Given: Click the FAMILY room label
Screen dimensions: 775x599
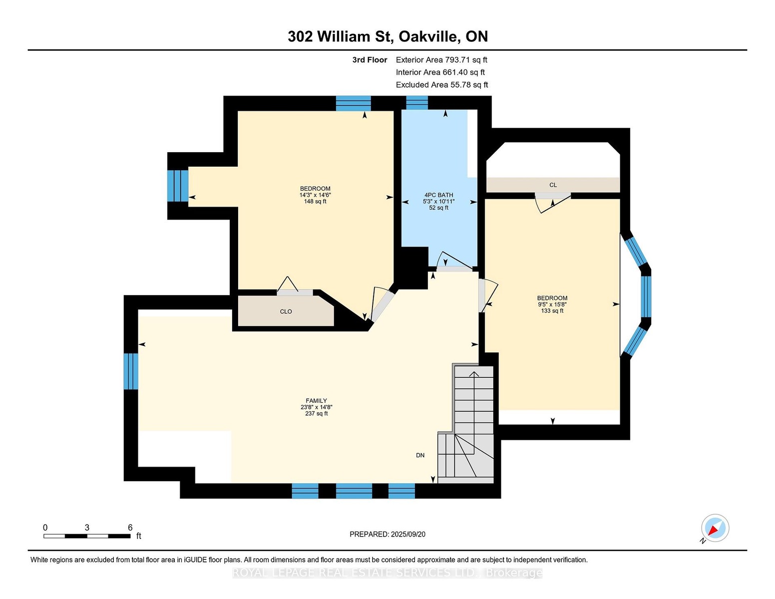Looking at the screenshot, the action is [316, 400].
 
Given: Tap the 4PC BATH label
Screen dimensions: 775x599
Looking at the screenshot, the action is [438, 195].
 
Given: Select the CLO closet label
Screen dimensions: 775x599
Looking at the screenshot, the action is [286, 311].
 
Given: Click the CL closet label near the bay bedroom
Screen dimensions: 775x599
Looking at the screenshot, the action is [553, 185].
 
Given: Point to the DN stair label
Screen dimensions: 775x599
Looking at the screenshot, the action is [420, 455].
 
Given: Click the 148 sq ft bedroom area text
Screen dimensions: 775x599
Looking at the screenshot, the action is [315, 201].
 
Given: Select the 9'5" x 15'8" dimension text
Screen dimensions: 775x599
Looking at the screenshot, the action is [552, 304].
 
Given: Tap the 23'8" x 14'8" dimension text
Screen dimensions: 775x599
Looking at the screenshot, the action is [317, 407].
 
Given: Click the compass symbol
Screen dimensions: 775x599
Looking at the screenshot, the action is [715, 528].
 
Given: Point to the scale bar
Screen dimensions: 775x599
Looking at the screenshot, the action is [87, 536].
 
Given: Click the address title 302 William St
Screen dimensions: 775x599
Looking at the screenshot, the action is [340, 36].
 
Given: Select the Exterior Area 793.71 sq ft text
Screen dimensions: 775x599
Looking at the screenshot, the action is [441, 60].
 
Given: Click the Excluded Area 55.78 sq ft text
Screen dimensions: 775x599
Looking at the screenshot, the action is [442, 85].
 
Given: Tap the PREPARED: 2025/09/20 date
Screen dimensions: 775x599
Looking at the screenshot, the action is [387, 534].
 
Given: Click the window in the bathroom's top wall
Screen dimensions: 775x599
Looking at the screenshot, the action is [417, 103].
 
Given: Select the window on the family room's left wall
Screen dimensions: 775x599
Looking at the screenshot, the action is [131, 371].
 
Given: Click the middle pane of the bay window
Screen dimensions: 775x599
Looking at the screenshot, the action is [646, 297].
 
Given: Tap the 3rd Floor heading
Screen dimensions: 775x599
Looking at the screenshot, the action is [370, 60].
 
